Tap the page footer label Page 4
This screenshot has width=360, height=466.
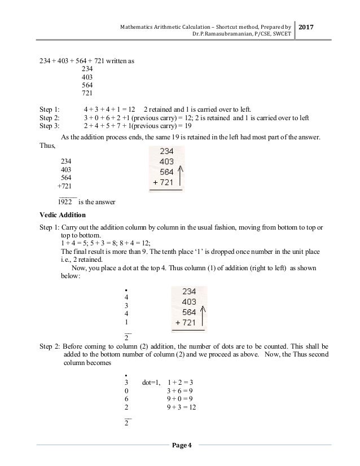181,446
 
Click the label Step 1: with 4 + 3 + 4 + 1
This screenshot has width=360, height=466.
49,109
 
